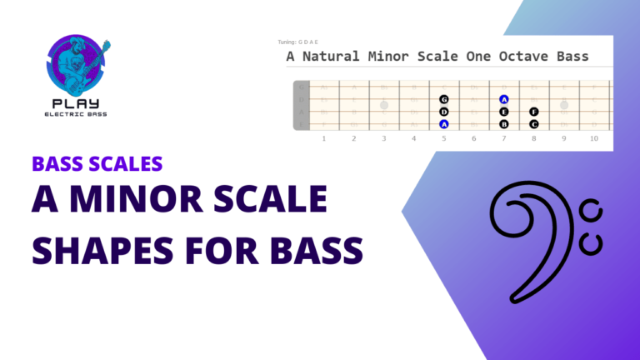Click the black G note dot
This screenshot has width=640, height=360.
[x=444, y=99]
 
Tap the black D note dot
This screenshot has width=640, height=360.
[x=444, y=112]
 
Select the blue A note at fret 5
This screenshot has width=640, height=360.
[x=444, y=124]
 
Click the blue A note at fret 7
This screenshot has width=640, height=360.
[x=504, y=99]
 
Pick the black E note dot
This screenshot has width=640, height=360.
[x=504, y=112]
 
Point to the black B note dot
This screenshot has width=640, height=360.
[x=504, y=124]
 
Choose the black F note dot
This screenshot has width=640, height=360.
[x=534, y=112]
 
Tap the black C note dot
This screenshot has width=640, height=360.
[x=534, y=124]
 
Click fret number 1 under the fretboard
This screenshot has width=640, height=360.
[x=323, y=138]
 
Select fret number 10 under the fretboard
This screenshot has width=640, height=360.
[x=593, y=138]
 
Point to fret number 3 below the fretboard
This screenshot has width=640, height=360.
[x=383, y=138]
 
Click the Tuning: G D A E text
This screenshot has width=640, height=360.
[x=298, y=42]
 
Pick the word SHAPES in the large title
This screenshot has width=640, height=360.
[x=103, y=248]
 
